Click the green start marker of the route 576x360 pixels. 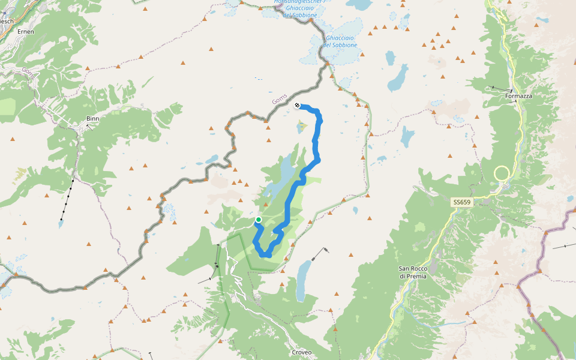[x=259, y=220]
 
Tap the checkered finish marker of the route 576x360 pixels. [x=298, y=106]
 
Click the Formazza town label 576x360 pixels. [x=519, y=96]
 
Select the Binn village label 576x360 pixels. [x=92, y=119]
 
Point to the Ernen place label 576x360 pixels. [x=26, y=31]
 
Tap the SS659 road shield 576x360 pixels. [x=463, y=203]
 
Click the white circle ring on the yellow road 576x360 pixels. [x=502, y=174]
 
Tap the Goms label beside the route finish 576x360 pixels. [x=280, y=98]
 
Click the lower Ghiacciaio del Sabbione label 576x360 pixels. [x=340, y=41]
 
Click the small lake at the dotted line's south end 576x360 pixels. [x=60, y=224]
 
